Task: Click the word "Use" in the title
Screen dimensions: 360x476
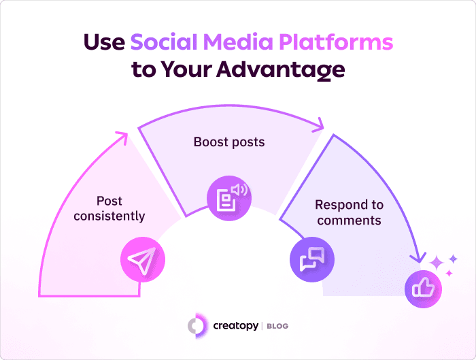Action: pyautogui.click(x=103, y=42)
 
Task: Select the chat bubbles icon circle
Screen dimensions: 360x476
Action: pyautogui.click(x=313, y=258)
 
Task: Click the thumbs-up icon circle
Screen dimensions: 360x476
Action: pyautogui.click(x=424, y=289)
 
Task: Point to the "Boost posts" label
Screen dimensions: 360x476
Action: pyautogui.click(x=228, y=142)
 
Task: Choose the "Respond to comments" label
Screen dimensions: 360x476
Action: pyautogui.click(x=349, y=212)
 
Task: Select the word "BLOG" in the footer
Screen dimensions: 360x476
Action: pyautogui.click(x=277, y=327)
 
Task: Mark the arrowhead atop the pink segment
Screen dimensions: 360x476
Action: pyautogui.click(x=121, y=138)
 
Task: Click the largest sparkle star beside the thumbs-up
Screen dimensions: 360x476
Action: pyautogui.click(x=435, y=262)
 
